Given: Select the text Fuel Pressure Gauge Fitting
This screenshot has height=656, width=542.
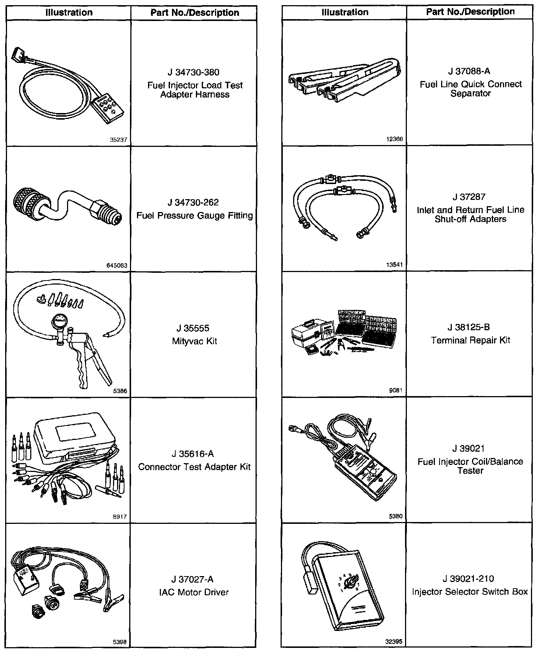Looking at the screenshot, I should [195, 216].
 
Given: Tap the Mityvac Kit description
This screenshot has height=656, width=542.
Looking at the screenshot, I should [194, 341].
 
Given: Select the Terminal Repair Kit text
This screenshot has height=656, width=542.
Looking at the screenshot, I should [471, 340].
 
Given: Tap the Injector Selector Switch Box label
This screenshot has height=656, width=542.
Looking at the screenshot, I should [470, 592].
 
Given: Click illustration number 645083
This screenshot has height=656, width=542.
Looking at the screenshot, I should [119, 265].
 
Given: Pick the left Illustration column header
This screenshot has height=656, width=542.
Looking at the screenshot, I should [69, 13].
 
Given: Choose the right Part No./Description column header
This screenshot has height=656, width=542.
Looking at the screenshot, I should [470, 12].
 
